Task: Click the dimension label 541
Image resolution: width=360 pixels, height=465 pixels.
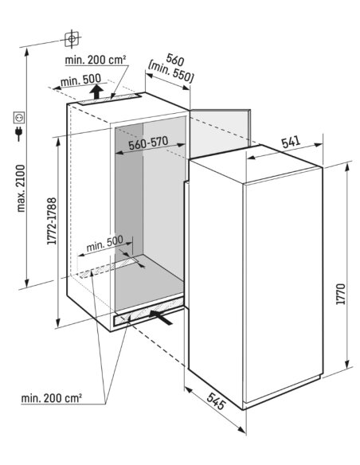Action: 291,142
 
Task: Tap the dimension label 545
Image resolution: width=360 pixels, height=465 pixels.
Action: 216,401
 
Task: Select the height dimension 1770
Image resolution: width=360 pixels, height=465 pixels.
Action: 342,294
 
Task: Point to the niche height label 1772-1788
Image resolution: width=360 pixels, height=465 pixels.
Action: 52,221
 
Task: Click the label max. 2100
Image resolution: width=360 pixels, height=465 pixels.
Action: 21,189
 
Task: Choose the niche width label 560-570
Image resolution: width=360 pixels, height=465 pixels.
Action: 148,143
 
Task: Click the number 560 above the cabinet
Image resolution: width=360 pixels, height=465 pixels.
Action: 175,59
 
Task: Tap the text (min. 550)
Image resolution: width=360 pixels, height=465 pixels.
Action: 170,72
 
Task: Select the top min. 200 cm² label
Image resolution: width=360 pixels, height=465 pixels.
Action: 96,60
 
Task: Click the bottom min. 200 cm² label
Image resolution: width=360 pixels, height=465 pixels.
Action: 52,398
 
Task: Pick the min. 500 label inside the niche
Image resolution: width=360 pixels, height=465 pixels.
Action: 104,244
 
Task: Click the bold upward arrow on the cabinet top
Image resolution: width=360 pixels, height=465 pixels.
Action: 96,92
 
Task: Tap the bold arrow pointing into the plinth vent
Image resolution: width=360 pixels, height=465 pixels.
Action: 160,317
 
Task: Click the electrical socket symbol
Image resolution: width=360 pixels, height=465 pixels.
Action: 19,117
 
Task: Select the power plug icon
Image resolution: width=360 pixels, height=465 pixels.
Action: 19,134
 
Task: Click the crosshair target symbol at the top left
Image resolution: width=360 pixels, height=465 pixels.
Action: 72,38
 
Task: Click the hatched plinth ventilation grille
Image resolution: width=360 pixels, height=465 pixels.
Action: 148,311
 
